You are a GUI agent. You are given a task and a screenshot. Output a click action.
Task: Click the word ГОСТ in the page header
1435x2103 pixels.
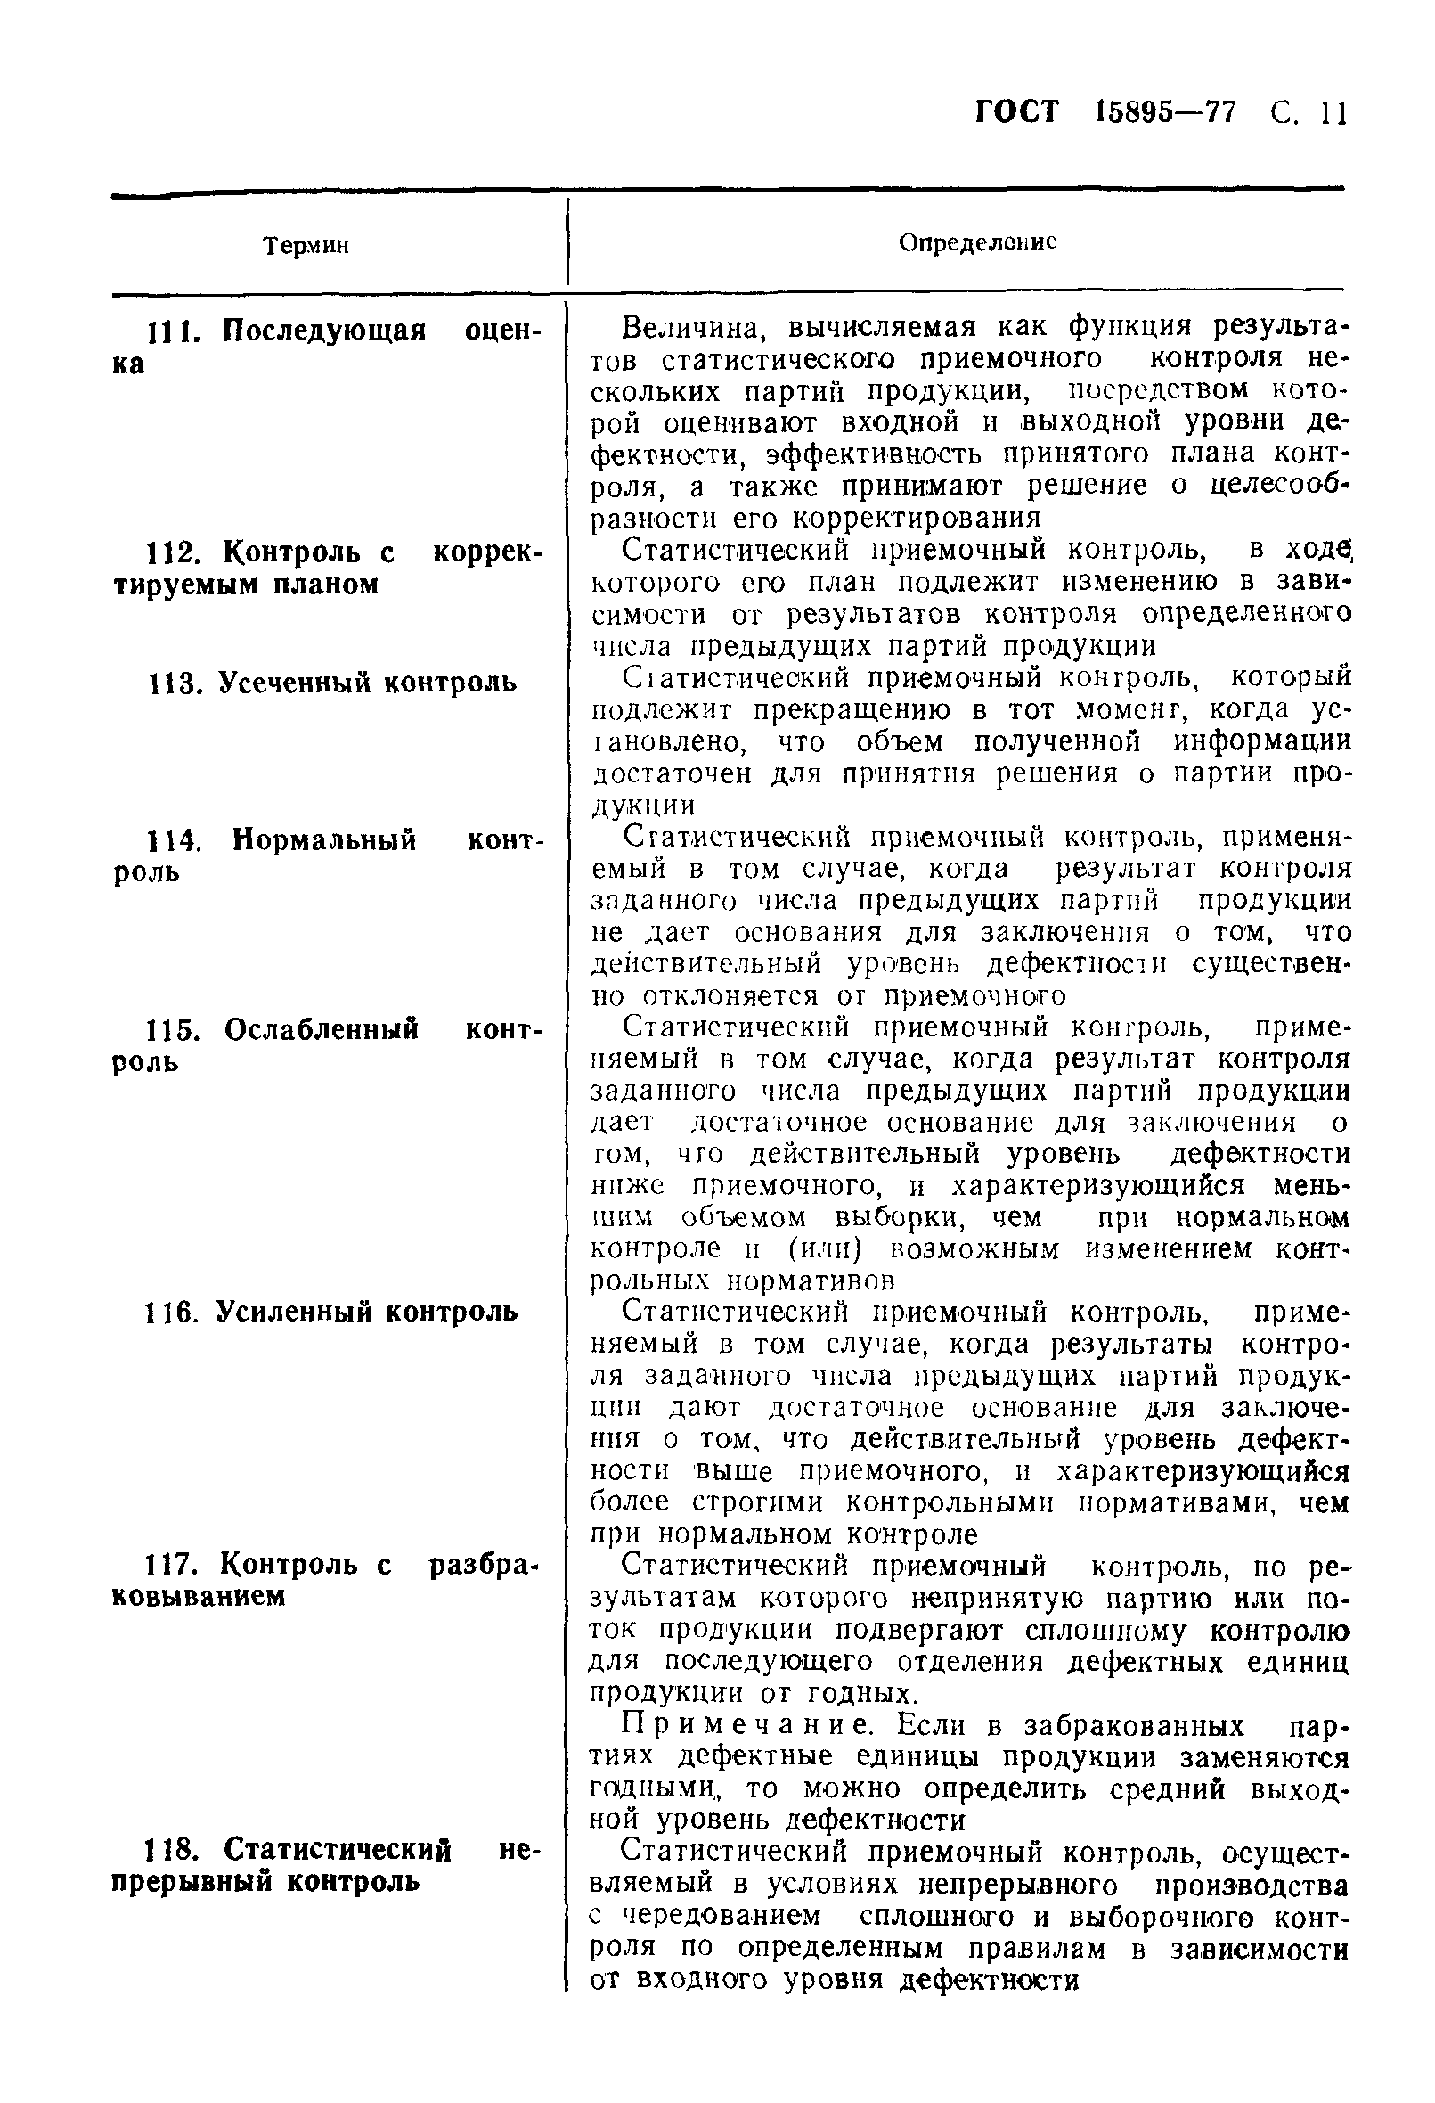pos(1017,113)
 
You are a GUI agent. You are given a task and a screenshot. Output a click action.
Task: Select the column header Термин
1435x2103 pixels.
pos(306,245)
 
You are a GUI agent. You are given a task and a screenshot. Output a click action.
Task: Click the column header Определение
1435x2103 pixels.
pos(977,242)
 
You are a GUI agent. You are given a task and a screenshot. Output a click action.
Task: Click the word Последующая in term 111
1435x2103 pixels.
pos(324,331)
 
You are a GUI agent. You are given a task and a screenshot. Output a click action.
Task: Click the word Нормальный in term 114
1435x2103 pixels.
pos(325,839)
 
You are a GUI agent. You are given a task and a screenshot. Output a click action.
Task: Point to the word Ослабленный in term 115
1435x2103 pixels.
pos(322,1030)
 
